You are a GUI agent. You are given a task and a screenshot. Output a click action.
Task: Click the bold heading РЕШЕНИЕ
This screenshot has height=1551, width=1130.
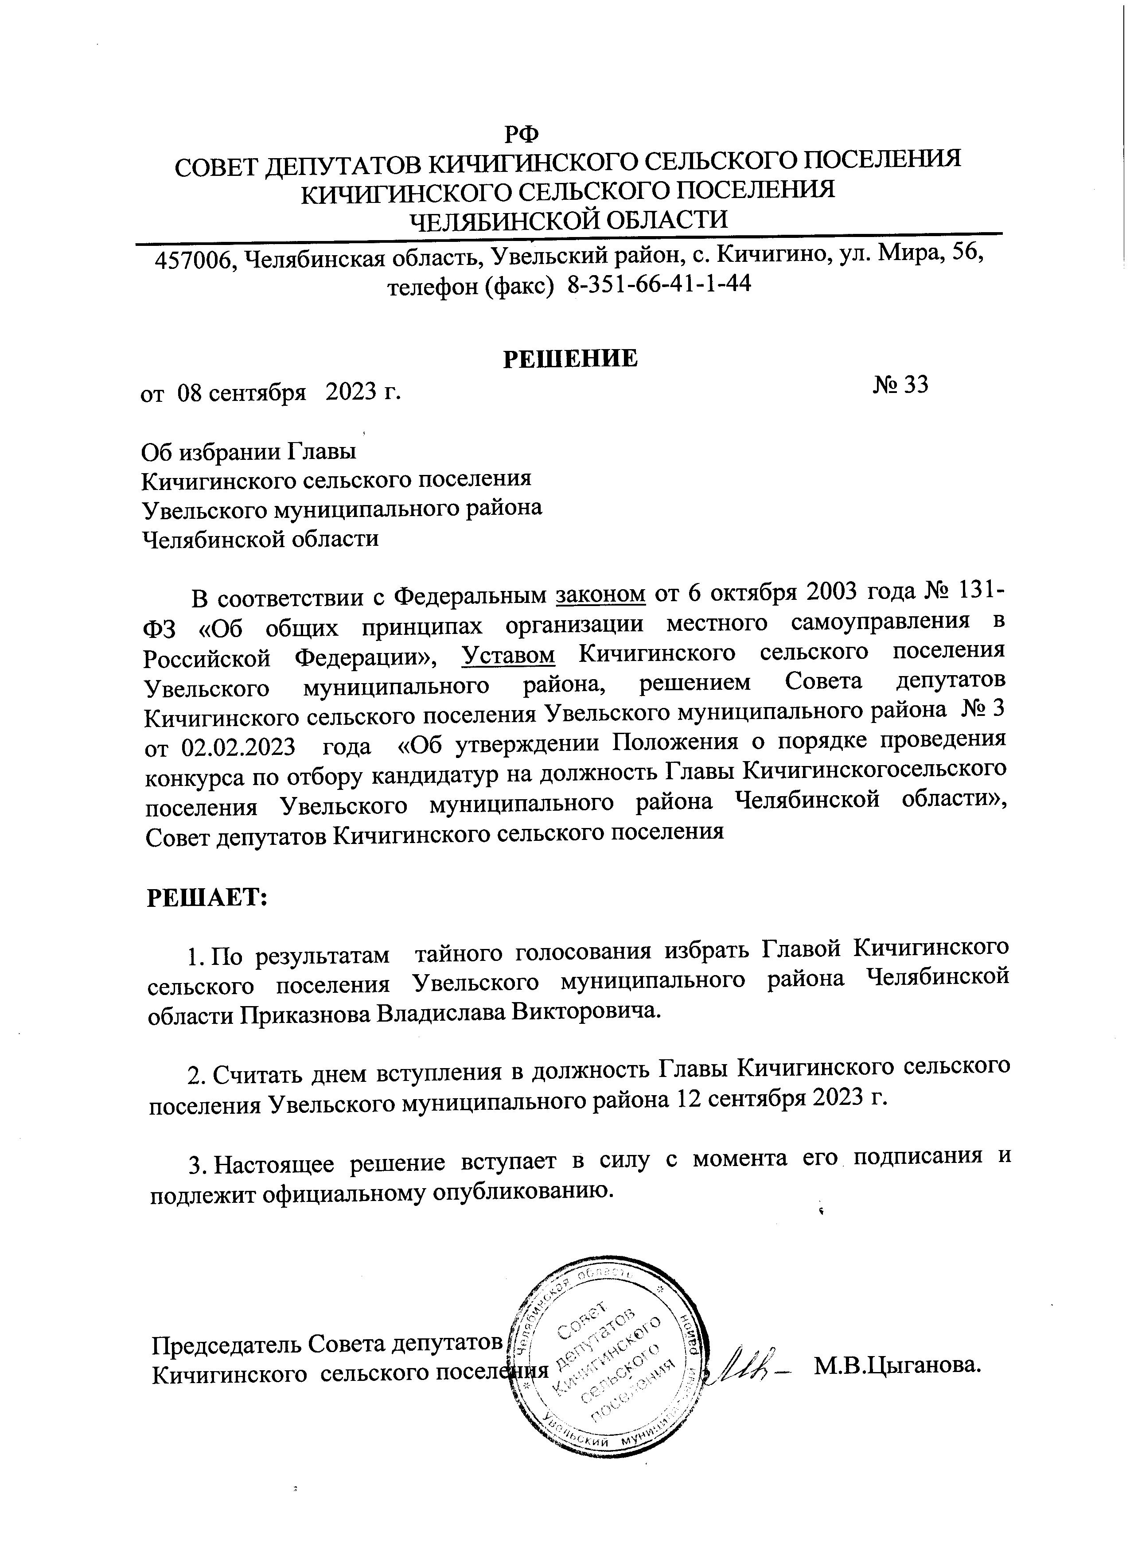(x=570, y=358)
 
